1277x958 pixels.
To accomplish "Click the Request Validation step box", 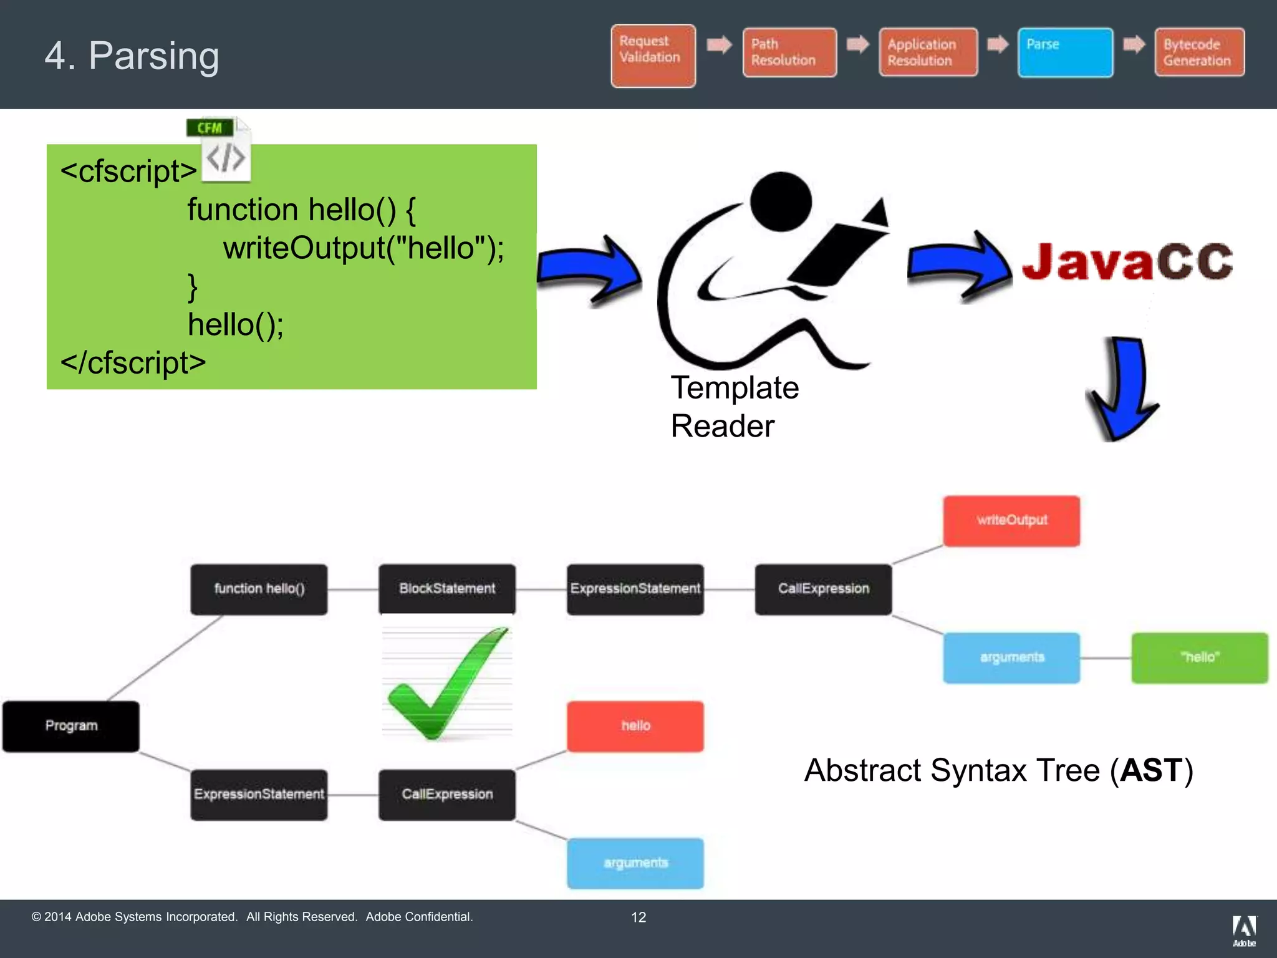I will [653, 56].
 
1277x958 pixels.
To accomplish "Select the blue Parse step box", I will [1065, 52].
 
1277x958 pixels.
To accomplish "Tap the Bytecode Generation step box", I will [1198, 52].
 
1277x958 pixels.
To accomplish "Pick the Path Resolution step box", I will [789, 52].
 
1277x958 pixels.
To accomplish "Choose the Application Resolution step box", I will [928, 52].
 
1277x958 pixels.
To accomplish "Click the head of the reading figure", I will [781, 201].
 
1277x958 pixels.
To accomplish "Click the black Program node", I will [71, 726].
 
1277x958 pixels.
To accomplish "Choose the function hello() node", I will [259, 589].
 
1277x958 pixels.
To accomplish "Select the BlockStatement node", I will [447, 589].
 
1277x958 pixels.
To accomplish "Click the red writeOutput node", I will [1011, 520].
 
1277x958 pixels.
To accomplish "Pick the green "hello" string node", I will [1199, 657].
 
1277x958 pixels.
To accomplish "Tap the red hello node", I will [635, 726].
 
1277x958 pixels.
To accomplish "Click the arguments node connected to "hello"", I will [1011, 657].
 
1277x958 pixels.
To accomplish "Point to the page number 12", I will [638, 917].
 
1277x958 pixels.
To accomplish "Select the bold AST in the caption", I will [1150, 770].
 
